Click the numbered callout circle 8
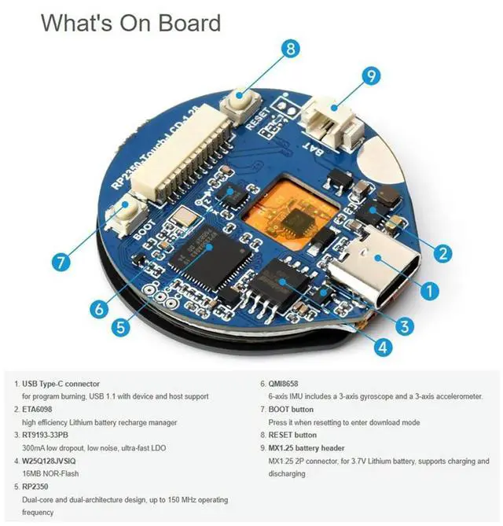290,50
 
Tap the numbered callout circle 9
370,76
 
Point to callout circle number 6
98,308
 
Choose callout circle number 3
406,324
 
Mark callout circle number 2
442,254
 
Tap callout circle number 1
428,290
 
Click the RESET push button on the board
237,102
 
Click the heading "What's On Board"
130,22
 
